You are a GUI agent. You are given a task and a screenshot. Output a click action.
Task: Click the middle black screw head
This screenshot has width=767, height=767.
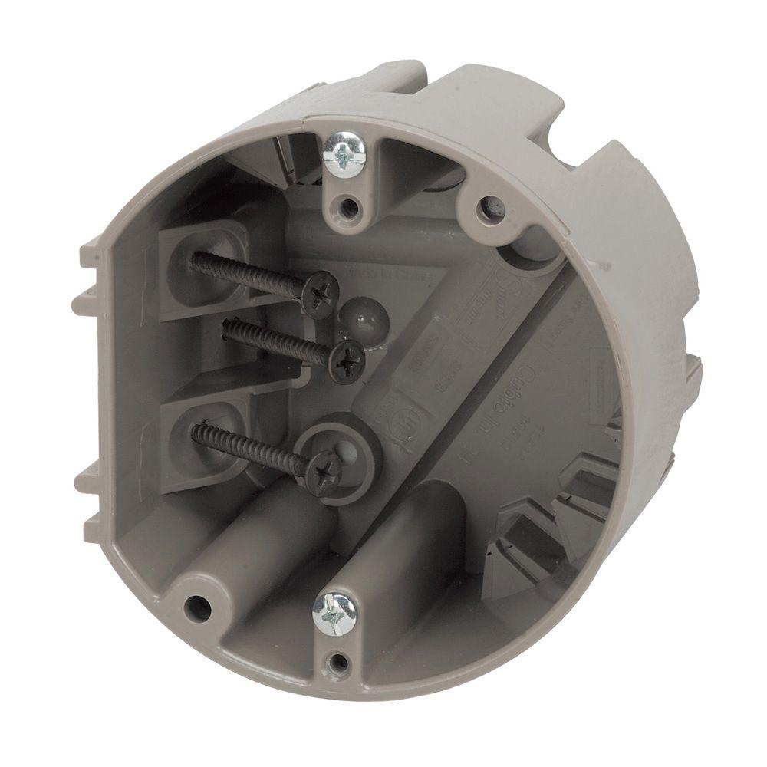point(347,358)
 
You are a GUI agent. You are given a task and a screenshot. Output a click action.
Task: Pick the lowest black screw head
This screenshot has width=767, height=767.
point(323,470)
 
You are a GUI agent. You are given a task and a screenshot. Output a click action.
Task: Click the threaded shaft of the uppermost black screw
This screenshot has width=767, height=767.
point(245,272)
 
